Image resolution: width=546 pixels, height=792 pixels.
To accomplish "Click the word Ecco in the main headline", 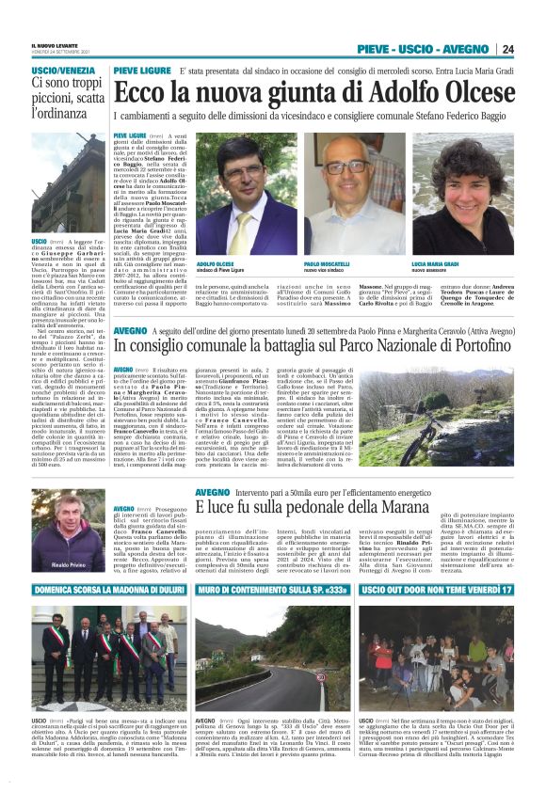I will point(140,93).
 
